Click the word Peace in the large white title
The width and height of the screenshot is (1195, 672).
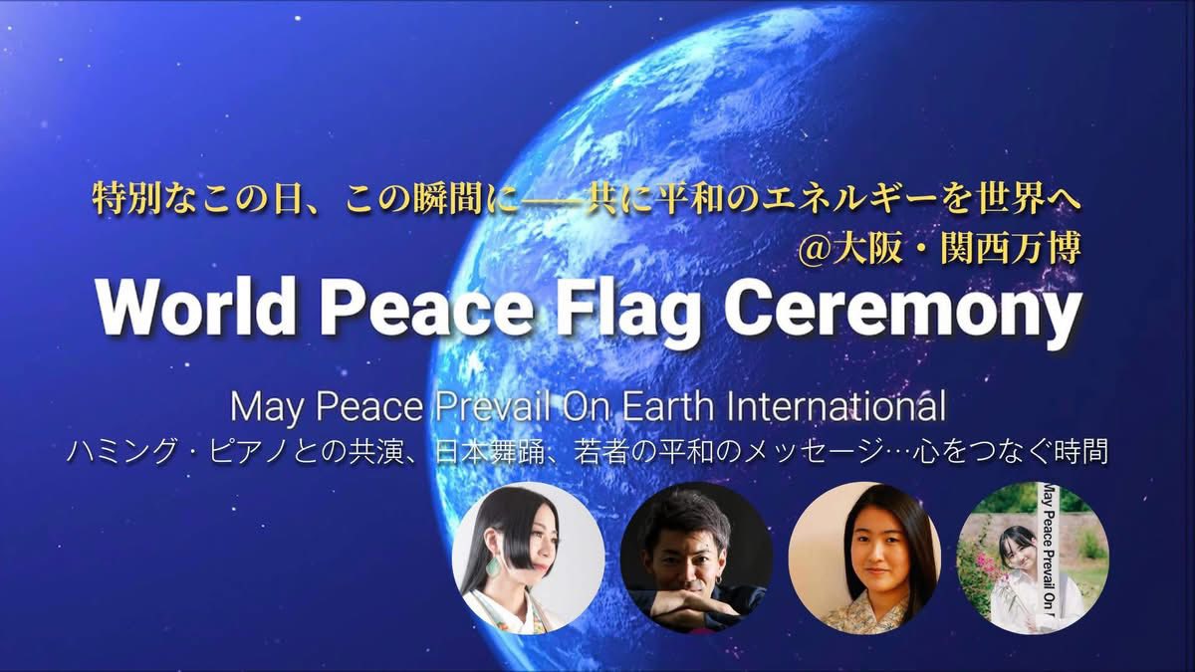coord(421,309)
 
